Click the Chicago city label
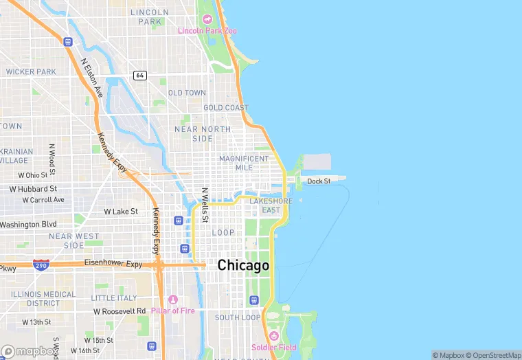point(243,265)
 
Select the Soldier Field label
point(274,347)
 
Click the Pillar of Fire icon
point(172,300)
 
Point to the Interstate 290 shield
point(41,265)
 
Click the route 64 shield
point(139,75)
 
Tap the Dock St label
point(319,181)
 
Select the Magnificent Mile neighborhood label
point(244,163)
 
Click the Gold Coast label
point(226,108)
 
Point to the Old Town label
point(187,93)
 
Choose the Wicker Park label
point(31,71)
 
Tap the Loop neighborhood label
point(223,233)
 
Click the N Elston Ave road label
point(91,78)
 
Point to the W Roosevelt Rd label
point(120,311)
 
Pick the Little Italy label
point(114,298)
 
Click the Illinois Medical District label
point(43,298)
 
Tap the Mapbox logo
point(29,351)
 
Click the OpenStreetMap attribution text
point(493,355)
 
